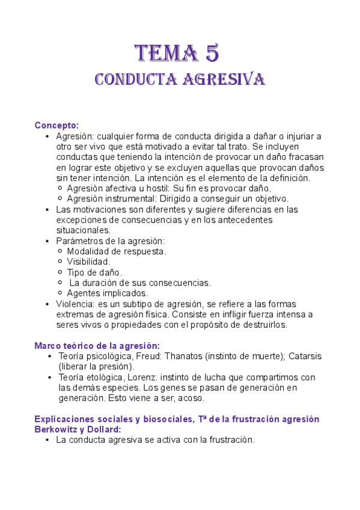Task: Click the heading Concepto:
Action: click(x=56, y=125)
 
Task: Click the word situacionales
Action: click(x=83, y=230)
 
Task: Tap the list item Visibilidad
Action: click(x=88, y=262)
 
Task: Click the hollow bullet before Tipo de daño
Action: click(x=59, y=272)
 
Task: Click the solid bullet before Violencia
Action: click(x=48, y=304)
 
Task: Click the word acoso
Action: click(x=191, y=398)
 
